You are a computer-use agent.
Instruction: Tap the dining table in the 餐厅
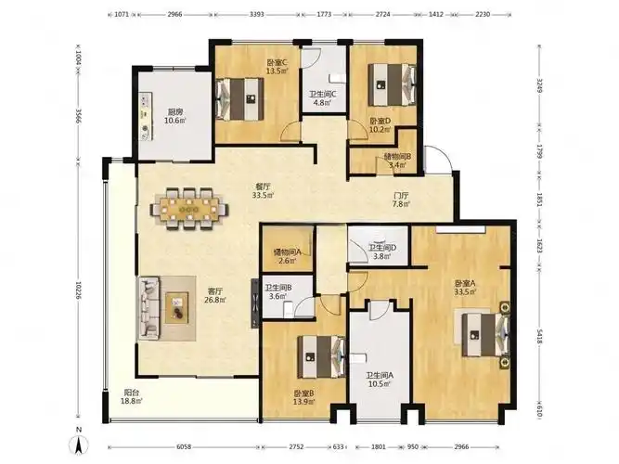coord(189,208)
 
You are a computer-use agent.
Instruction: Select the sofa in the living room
coord(148,307)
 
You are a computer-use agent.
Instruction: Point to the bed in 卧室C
coord(239,98)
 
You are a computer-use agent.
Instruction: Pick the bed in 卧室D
coord(393,84)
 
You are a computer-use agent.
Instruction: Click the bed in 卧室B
coord(321,356)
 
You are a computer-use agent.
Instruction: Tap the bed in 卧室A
coord(485,334)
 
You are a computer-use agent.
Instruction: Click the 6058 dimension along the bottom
coord(184,447)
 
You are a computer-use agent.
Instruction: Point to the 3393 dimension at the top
coord(256,14)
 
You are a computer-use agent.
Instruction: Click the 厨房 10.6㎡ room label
coord(174,116)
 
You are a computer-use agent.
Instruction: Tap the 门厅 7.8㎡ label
coord(401,200)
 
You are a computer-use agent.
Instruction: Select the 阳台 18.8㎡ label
coord(132,396)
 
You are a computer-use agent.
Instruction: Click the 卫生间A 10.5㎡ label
coord(379,380)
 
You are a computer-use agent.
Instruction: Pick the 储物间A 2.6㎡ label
coord(288,256)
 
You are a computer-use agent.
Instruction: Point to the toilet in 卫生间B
coord(289,308)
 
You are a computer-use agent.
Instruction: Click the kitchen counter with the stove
coord(146,116)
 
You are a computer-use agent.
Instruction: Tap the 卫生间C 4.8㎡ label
coord(323,98)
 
